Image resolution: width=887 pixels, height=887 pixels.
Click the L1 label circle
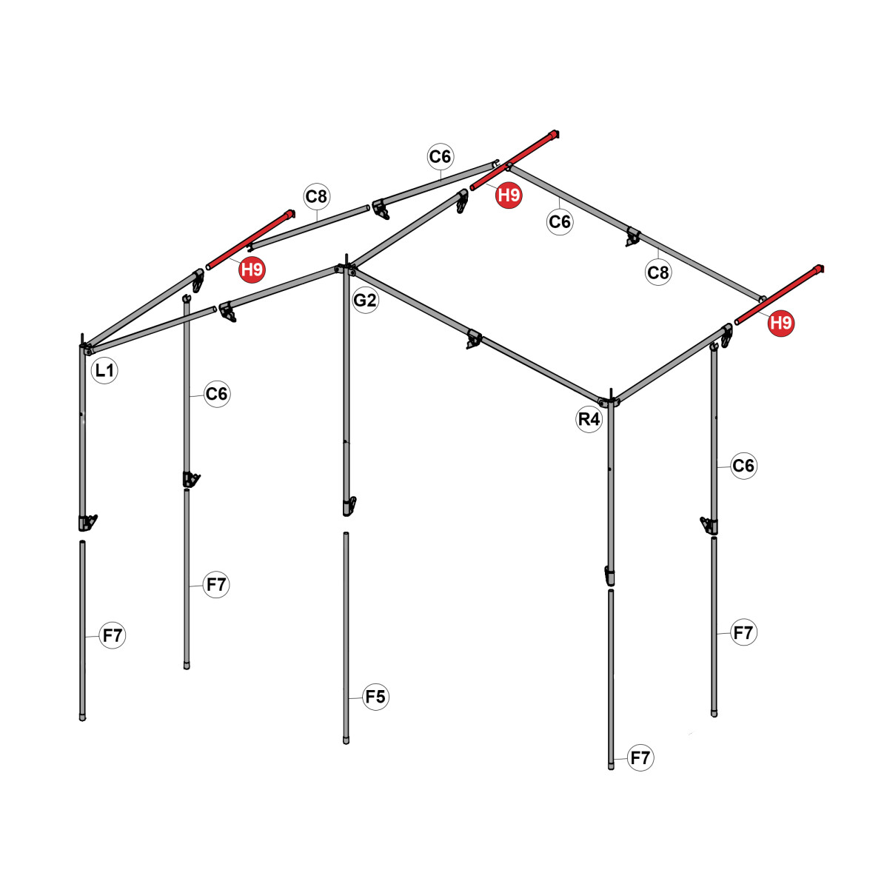(x=104, y=370)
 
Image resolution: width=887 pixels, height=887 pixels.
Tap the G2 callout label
(x=365, y=300)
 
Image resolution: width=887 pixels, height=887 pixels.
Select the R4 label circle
(x=589, y=419)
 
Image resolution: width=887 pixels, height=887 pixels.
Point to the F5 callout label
(x=375, y=697)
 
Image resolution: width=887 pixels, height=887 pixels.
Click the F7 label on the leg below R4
(x=640, y=757)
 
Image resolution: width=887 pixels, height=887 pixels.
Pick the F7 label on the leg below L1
(x=112, y=635)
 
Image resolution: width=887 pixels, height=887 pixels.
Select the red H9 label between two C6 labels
(x=509, y=195)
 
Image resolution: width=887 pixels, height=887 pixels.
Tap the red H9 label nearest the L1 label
(x=252, y=270)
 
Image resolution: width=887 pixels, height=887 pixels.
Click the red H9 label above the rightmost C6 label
(x=781, y=323)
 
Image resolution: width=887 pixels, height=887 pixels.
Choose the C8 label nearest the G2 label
(x=316, y=196)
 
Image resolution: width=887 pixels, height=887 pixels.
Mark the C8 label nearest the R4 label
(x=658, y=272)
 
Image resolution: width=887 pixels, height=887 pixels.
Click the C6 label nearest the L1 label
(x=217, y=394)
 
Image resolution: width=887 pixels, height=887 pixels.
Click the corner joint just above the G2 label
(x=347, y=268)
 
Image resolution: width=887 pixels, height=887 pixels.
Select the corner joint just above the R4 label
(x=610, y=401)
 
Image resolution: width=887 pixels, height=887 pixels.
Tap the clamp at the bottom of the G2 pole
(x=349, y=506)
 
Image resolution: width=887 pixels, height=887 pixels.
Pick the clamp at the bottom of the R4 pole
(x=609, y=576)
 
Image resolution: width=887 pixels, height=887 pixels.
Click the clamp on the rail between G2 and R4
(x=474, y=339)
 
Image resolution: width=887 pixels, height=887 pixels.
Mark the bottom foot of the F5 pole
(x=347, y=740)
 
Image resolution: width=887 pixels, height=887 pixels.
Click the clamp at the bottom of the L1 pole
(x=87, y=523)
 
